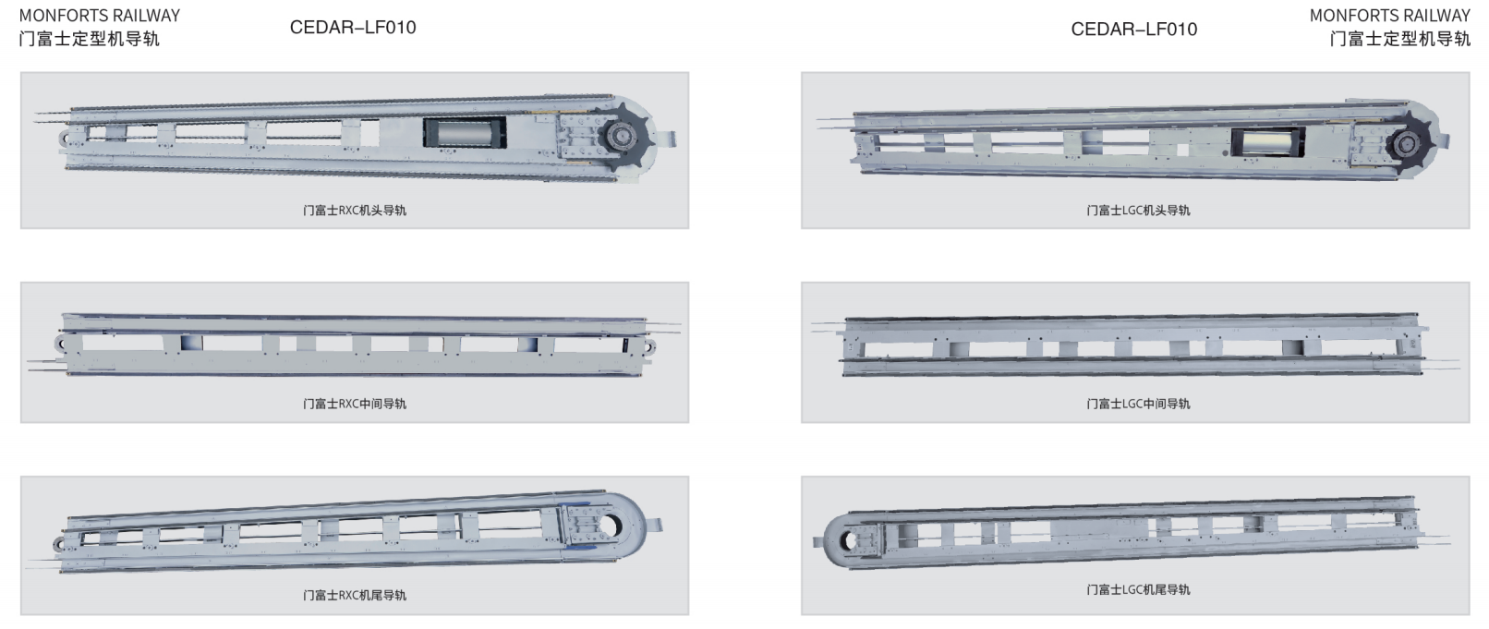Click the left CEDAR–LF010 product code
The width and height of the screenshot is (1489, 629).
tap(353, 28)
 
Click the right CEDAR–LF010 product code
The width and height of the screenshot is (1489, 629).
tap(1134, 30)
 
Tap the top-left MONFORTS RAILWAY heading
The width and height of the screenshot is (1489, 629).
tap(100, 16)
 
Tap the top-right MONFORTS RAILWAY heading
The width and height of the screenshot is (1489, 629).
tap(1390, 16)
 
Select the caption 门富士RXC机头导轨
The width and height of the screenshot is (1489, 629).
tap(355, 210)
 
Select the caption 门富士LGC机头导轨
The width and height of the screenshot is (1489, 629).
tap(1138, 210)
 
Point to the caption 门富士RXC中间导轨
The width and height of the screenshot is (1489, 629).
tap(355, 404)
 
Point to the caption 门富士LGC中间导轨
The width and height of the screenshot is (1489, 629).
tap(1138, 404)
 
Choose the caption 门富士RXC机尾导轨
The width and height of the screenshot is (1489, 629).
tap(355, 595)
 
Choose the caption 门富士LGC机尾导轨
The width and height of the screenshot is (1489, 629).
tap(1138, 589)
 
